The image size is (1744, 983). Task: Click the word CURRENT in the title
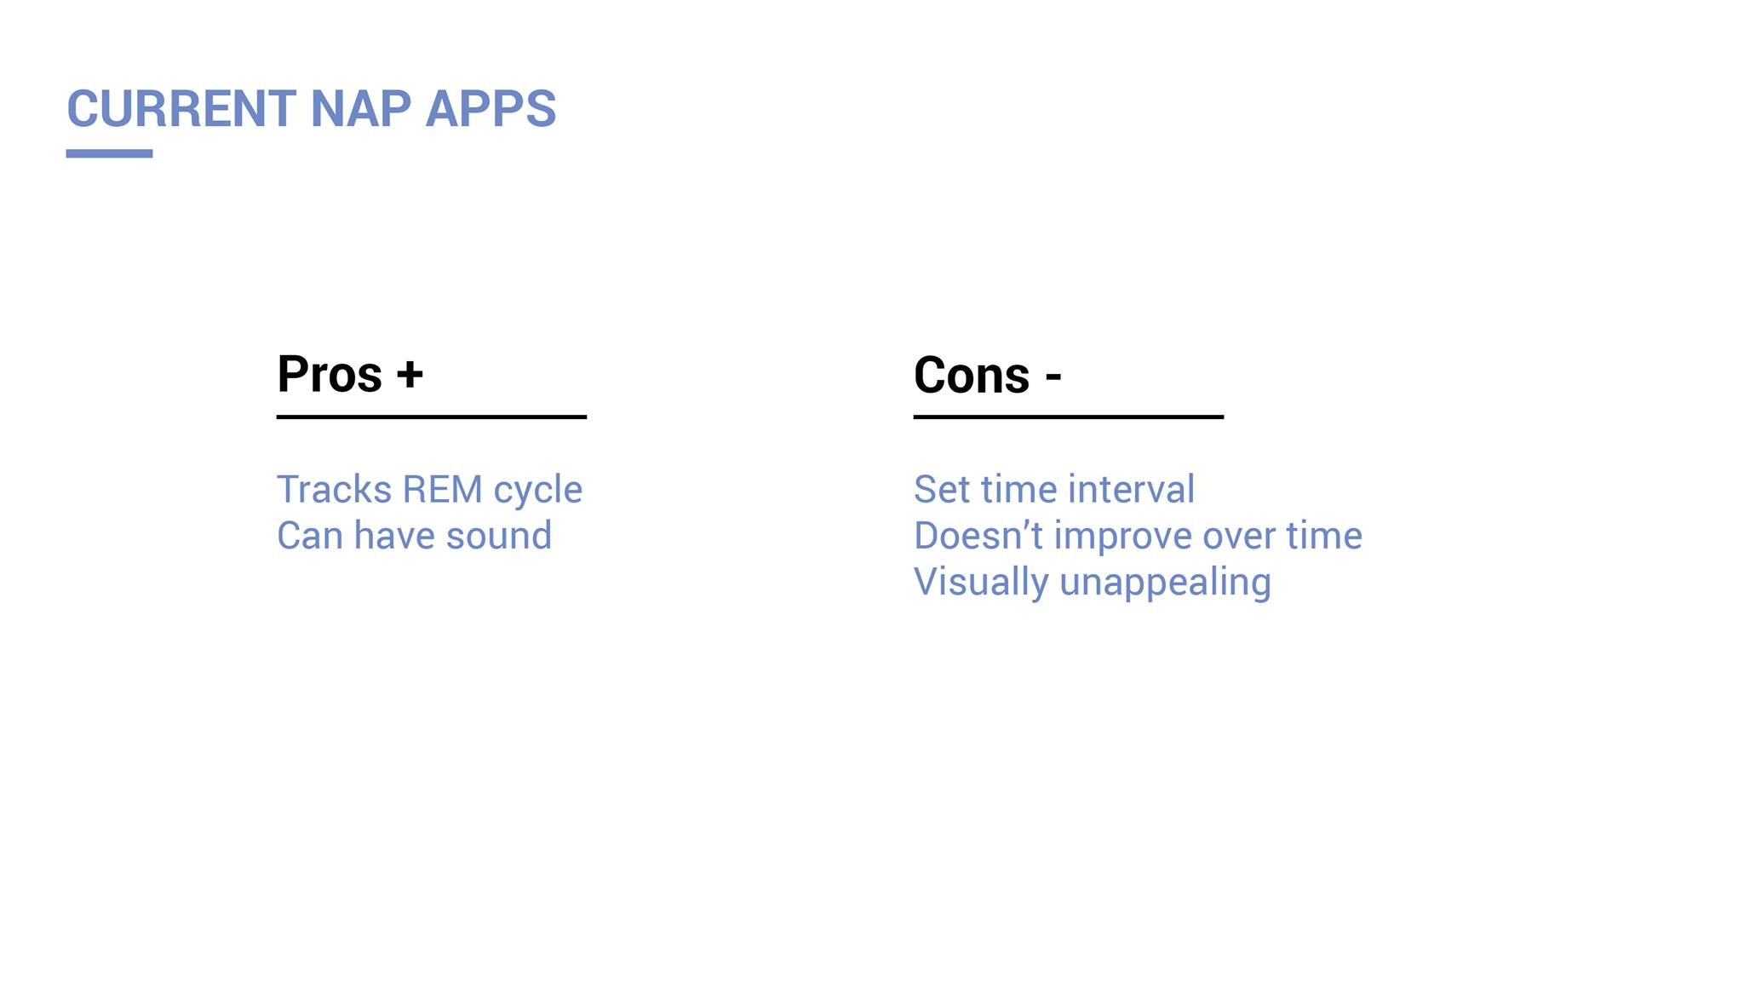(x=181, y=109)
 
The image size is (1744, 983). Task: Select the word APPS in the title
(x=490, y=109)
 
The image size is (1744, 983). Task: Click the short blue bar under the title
(x=109, y=153)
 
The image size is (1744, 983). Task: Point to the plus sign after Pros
(x=410, y=374)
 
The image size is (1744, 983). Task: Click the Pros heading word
(x=330, y=374)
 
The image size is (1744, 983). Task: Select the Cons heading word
(x=972, y=375)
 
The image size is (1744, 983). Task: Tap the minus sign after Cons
(x=1053, y=377)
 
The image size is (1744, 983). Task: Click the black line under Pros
(x=432, y=417)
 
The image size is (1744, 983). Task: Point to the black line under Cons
(x=1069, y=417)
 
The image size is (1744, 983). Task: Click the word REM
(x=442, y=490)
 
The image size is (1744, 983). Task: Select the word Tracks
(x=335, y=490)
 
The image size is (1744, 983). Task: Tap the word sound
(x=498, y=536)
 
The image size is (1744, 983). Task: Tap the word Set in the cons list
(x=941, y=490)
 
